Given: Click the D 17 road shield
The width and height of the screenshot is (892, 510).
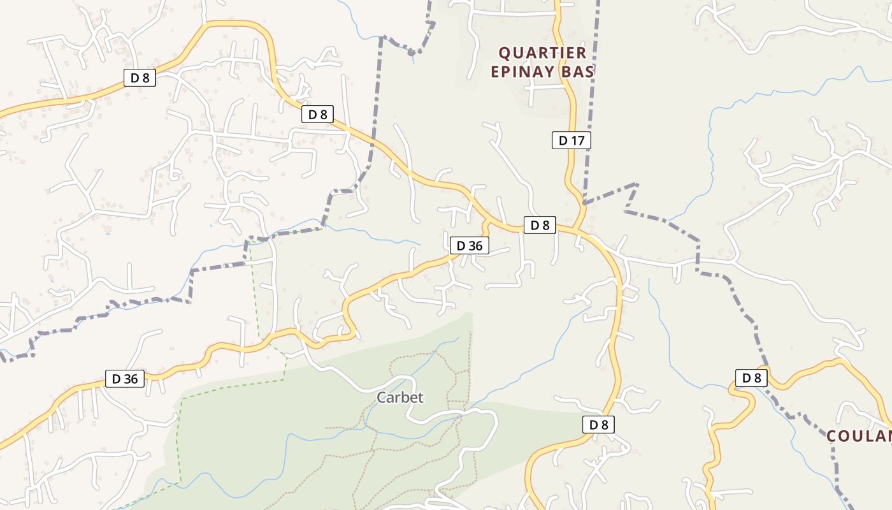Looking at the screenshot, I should pos(571,140).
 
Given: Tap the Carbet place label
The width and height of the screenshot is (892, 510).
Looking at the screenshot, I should pos(400,398).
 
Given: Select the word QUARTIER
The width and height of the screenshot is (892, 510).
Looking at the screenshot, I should pos(533,53).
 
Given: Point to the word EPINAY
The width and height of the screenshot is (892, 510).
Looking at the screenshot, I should pos(522,71).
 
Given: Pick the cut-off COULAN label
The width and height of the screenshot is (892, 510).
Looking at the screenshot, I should pos(860,437).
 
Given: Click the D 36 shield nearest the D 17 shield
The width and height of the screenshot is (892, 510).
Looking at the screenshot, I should pos(470,245).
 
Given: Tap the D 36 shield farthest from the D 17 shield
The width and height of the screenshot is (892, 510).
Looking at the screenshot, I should pos(125,379).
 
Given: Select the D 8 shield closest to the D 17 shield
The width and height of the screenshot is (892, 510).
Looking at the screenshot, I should pos(540,225).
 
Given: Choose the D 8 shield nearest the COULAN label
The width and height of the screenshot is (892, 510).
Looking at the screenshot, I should pos(752,378).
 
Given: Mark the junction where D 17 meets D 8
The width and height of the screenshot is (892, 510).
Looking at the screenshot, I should pos(577,228).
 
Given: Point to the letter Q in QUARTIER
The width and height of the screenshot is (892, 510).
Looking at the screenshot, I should pos(505,53).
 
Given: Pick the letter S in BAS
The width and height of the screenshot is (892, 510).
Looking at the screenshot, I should pos(589,71).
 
